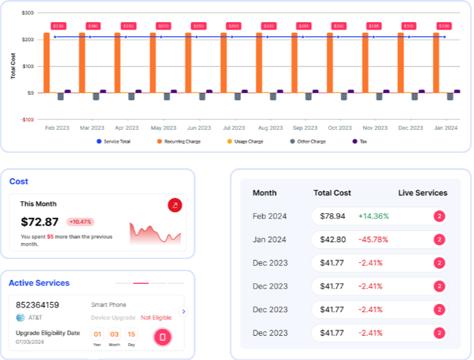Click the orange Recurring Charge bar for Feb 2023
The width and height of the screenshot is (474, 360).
[x=46, y=62]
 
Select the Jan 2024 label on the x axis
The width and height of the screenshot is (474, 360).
[x=445, y=127]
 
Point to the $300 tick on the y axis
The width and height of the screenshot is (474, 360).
[x=27, y=13]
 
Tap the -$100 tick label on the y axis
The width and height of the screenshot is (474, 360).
[x=26, y=119]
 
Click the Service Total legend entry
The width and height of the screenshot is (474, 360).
[x=114, y=141]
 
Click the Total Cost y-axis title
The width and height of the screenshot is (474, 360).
[x=13, y=66]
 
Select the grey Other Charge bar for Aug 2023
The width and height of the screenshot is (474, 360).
[x=273, y=96]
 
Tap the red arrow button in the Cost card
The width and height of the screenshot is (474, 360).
[x=175, y=205]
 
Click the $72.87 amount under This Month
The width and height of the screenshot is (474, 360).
[x=40, y=221]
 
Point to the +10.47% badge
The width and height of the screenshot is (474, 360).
[x=81, y=221]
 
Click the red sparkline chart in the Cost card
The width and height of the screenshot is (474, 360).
[x=156, y=233]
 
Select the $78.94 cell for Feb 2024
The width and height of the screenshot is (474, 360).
[x=333, y=216]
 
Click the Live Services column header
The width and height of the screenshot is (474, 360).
[x=422, y=193]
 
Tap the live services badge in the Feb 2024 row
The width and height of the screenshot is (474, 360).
[x=439, y=216]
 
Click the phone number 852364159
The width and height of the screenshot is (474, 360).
[x=38, y=305]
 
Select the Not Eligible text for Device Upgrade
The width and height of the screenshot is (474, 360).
[x=156, y=318]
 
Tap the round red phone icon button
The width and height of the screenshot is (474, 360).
[x=162, y=336]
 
